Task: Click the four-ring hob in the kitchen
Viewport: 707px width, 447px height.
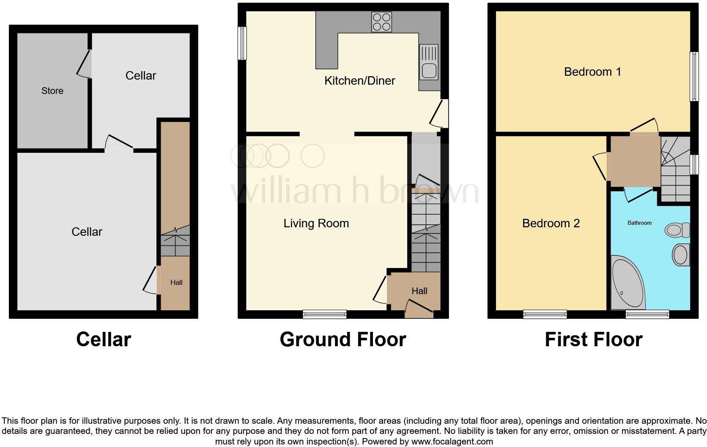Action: point(381,22)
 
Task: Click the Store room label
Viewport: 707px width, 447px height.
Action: point(52,91)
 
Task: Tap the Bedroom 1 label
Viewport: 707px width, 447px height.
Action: point(592,72)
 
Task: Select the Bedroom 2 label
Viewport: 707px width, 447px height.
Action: point(551,223)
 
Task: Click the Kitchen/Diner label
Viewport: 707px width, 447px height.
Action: point(359,80)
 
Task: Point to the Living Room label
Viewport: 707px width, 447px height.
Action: point(316,223)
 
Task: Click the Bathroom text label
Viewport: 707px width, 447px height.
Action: point(639,223)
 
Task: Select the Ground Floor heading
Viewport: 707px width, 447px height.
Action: point(343,339)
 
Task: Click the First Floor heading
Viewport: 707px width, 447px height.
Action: point(593,339)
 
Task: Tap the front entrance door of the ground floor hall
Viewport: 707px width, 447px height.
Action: point(419,309)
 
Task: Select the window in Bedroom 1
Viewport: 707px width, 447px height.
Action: point(694,76)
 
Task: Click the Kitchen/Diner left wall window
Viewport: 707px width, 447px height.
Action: point(242,43)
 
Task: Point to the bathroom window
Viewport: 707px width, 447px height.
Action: point(647,314)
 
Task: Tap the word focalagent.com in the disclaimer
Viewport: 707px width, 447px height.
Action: point(452,441)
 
